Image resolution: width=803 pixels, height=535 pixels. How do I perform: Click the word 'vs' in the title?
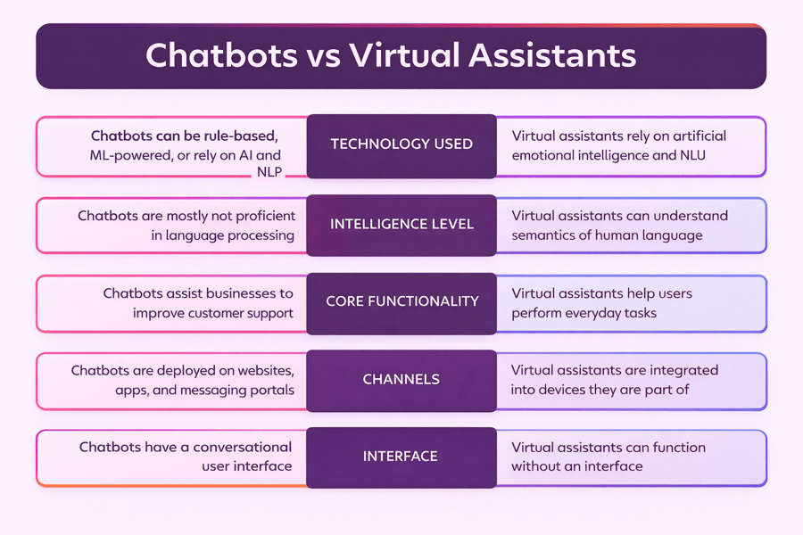click(x=323, y=55)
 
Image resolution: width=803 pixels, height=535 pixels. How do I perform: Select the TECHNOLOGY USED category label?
click(x=401, y=144)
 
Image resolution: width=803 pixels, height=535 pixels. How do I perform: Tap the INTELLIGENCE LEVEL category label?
click(x=401, y=223)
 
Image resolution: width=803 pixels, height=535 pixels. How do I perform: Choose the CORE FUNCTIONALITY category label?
click(x=401, y=301)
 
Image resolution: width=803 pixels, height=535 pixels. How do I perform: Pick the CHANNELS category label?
click(x=401, y=379)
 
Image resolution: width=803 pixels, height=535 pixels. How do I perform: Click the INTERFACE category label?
click(x=401, y=457)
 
